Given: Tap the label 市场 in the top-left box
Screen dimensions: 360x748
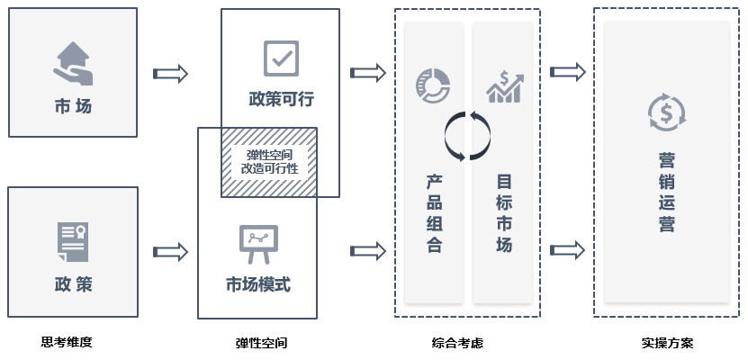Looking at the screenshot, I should (x=73, y=106).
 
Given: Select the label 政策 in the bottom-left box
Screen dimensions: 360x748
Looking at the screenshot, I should (x=73, y=284).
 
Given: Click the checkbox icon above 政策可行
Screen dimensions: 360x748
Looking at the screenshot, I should (x=281, y=58).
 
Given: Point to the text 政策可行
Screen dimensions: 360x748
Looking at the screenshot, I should (x=281, y=98).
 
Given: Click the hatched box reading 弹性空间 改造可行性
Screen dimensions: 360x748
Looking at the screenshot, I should (x=269, y=161).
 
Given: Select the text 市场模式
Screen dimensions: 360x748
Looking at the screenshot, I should (x=257, y=284).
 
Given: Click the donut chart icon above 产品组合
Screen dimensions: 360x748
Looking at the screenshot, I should (x=433, y=85).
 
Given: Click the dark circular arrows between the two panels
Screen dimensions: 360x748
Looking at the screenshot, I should (x=468, y=136).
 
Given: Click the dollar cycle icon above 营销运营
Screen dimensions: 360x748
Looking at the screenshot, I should (x=667, y=112).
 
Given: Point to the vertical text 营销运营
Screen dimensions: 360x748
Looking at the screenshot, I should (x=667, y=193).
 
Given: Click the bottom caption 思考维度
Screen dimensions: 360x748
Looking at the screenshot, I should (x=67, y=342).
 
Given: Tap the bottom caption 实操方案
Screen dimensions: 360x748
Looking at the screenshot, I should (x=667, y=343).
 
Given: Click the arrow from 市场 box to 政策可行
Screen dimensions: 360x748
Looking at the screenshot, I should (x=170, y=73).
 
